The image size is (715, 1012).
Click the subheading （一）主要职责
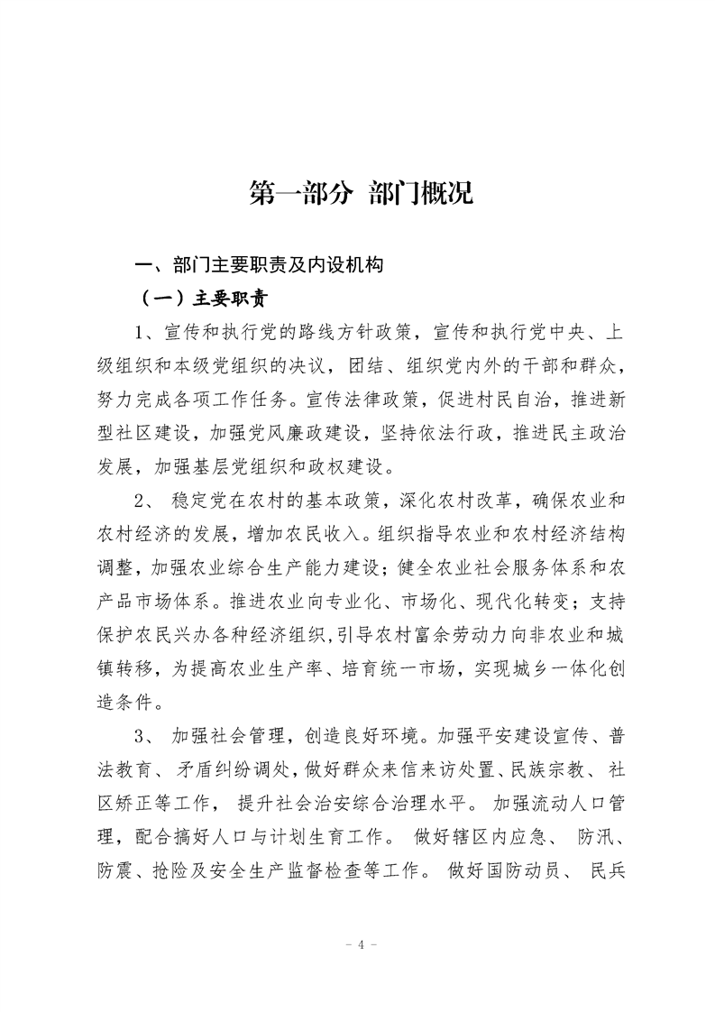[x=205, y=299]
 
